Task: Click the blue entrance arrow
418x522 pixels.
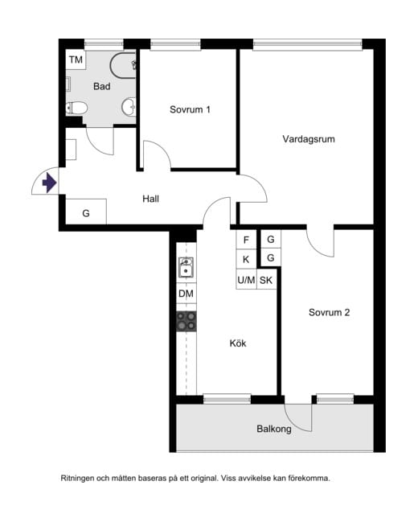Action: point(49,183)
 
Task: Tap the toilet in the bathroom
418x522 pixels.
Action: point(77,109)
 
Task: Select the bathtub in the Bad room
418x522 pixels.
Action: point(123,65)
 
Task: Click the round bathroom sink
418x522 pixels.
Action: point(129,107)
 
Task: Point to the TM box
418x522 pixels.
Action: point(76,60)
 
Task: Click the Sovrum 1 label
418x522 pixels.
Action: point(190,109)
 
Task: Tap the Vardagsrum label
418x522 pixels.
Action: point(309,139)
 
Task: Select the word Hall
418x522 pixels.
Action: point(151,199)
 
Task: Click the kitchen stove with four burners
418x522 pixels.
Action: point(186,321)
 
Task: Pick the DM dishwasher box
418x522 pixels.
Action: point(186,294)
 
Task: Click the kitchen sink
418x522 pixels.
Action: point(186,267)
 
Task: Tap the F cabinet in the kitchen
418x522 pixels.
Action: point(246,240)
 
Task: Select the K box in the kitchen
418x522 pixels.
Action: point(246,259)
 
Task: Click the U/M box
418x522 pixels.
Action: point(246,280)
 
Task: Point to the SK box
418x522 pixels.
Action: point(266,280)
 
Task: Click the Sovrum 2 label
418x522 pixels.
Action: point(329,312)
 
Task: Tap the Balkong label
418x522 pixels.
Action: point(274,429)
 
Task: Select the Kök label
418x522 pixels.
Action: point(238,343)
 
